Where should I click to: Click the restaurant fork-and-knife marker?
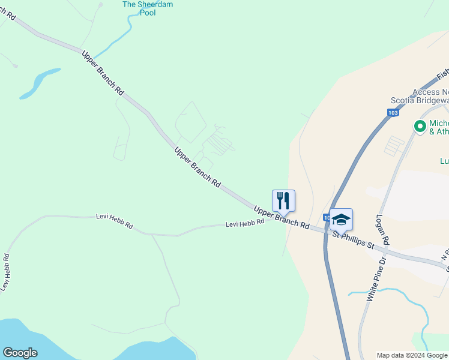coord(283,200)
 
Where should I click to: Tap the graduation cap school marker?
coord(340,220)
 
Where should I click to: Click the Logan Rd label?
coord(383,230)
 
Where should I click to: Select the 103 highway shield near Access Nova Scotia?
coord(393,113)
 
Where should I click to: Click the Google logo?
coord(20,353)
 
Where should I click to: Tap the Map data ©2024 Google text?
coord(412,355)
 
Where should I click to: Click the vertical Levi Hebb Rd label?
coord(5,272)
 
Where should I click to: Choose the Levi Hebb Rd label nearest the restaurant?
coord(245,223)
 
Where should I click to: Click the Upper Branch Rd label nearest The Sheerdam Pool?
coord(103,74)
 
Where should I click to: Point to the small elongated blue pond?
coord(40,83)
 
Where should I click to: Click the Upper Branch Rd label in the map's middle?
coord(197,169)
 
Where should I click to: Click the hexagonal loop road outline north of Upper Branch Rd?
coord(190,122)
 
